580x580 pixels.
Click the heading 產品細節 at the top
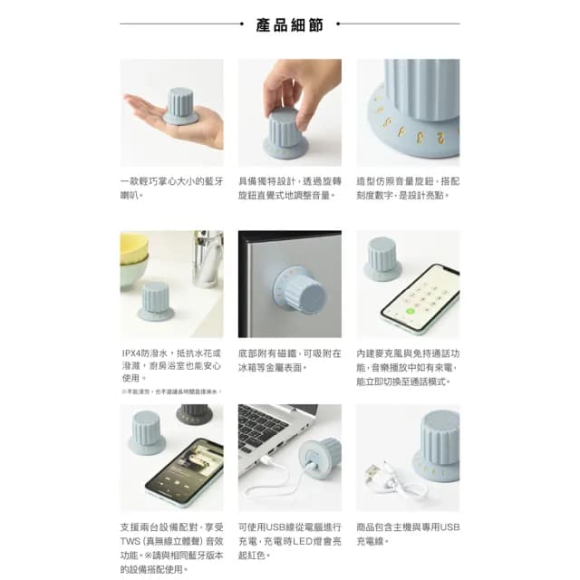click(x=290, y=24)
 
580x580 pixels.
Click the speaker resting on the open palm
click(x=180, y=107)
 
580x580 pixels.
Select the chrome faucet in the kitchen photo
click(x=208, y=254)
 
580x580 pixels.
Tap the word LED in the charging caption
click(x=299, y=541)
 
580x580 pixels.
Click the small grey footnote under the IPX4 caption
click(x=170, y=391)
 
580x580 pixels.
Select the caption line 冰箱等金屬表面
click(x=273, y=367)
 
